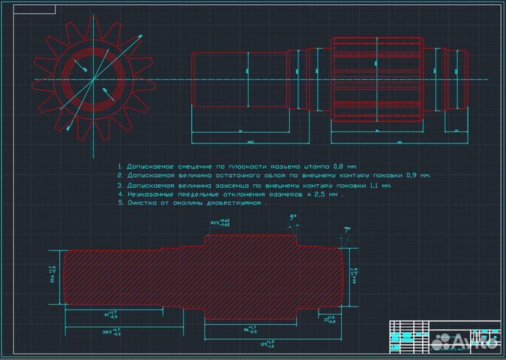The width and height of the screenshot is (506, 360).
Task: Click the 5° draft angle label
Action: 293,218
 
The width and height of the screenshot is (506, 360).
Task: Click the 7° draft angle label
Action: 346,229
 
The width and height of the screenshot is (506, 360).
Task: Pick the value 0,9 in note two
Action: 414,175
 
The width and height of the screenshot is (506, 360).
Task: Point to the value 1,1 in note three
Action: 375,185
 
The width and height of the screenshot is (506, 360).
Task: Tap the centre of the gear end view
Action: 93,79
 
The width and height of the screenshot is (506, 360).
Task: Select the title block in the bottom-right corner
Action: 443,337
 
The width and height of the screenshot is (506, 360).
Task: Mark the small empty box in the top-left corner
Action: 30,9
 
